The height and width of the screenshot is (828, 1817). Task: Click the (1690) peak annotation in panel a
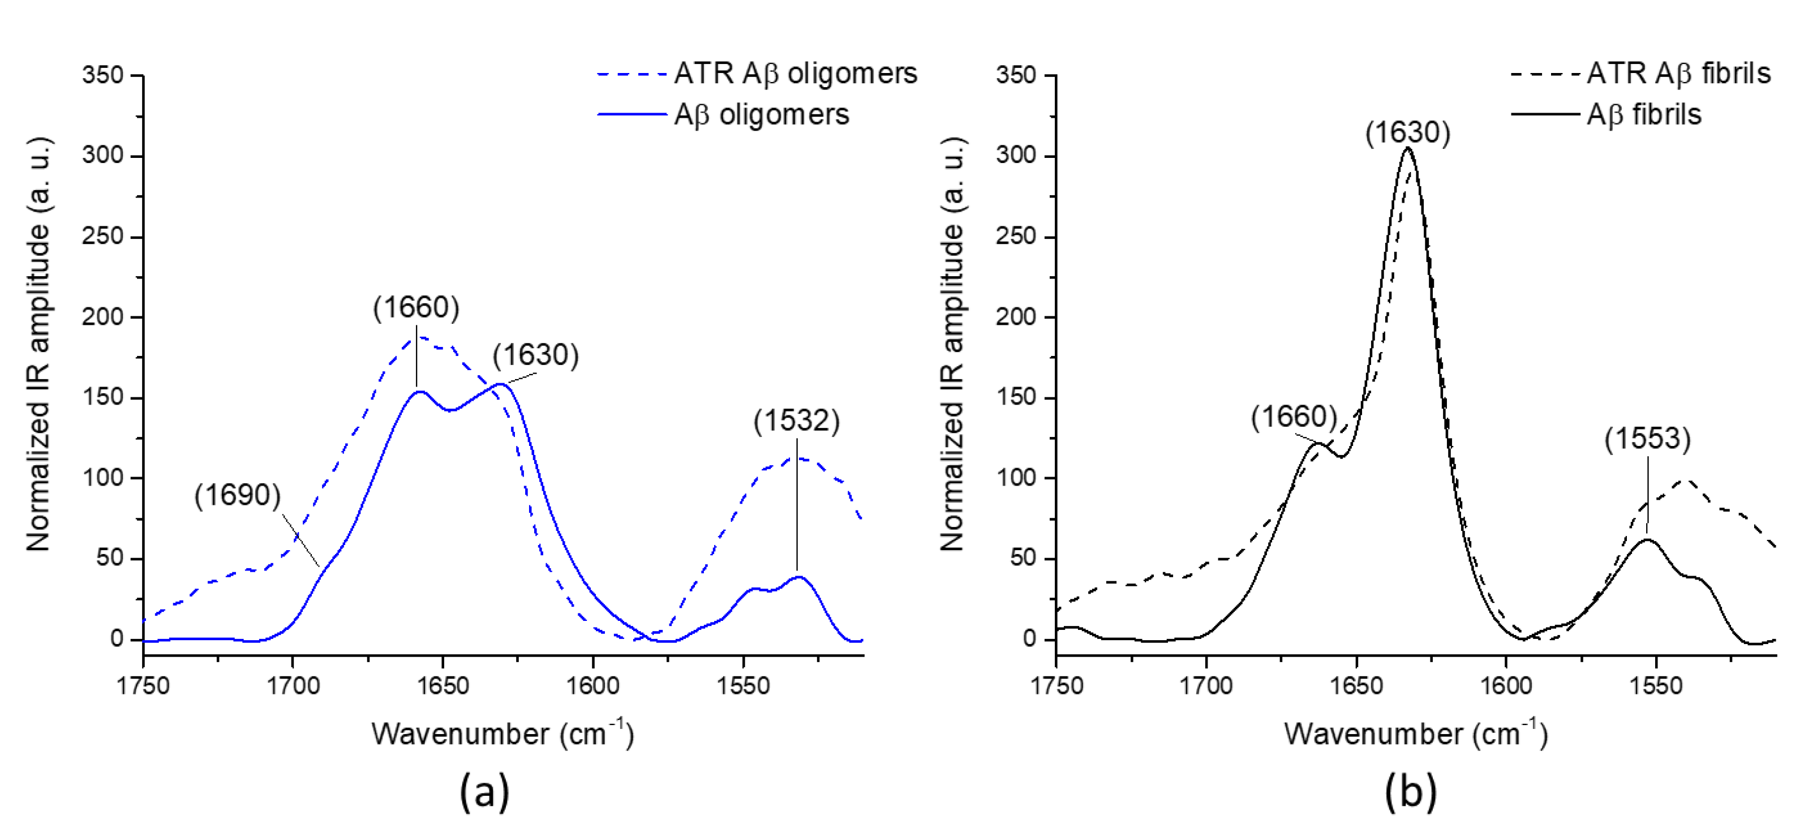coord(238,495)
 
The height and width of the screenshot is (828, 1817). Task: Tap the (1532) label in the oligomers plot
coord(796,421)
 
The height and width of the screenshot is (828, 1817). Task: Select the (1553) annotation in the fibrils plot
coord(1647,439)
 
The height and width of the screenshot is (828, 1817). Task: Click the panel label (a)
coord(484,791)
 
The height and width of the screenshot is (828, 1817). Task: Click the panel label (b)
coord(1410,791)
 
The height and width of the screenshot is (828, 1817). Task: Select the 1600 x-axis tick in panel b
coord(1506,685)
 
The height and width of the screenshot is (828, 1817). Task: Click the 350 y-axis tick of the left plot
coord(103,75)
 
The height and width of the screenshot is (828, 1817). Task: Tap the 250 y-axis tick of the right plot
coord(1016,236)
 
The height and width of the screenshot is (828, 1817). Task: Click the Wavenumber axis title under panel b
coord(1416,733)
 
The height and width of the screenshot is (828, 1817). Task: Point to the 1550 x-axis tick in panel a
coord(743,685)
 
